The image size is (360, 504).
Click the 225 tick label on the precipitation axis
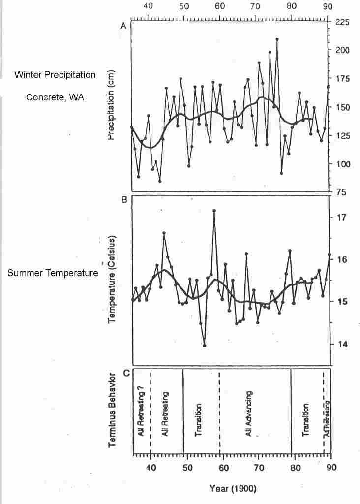(x=342, y=22)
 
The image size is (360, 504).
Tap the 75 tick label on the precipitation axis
(x=340, y=192)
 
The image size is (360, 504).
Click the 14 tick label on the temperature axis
(x=340, y=344)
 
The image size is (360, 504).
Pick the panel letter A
(x=124, y=27)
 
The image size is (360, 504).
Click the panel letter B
(x=124, y=200)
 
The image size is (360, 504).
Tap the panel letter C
(x=126, y=373)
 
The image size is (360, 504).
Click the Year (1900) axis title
(x=233, y=489)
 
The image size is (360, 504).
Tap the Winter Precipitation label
(x=55, y=75)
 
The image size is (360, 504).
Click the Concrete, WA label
(x=55, y=97)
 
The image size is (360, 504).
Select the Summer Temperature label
(x=53, y=272)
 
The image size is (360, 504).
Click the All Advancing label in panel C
(x=249, y=413)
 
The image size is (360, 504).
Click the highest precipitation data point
(x=277, y=39)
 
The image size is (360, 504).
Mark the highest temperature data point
(x=214, y=210)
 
